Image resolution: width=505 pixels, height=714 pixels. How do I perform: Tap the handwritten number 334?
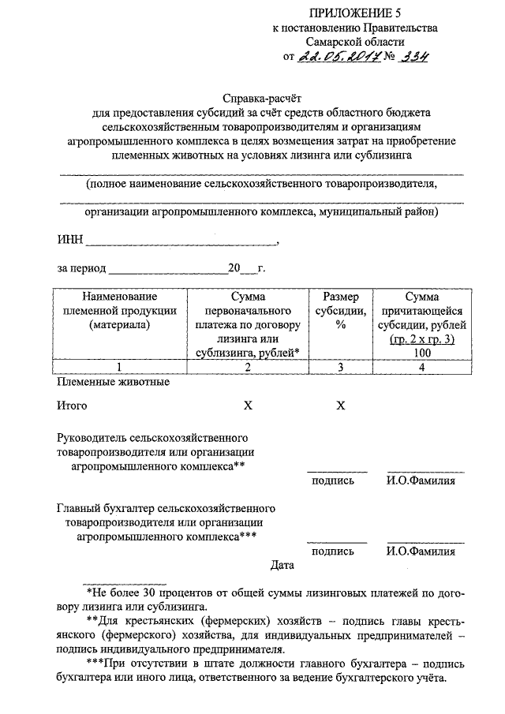tap(412, 57)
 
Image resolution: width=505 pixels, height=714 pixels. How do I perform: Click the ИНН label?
tap(69, 240)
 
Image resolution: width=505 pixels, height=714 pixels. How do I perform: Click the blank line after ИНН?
tap(181, 241)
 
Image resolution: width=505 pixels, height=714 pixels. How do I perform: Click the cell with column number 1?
tap(118, 366)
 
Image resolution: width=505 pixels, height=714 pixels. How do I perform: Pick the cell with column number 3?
tap(341, 366)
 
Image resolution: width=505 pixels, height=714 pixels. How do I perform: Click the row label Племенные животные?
tap(113, 382)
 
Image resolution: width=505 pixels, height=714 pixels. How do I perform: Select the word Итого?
tap(72, 406)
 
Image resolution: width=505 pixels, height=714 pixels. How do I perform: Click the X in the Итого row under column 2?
tap(247, 406)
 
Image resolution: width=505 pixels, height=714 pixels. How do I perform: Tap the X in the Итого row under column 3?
tap(341, 406)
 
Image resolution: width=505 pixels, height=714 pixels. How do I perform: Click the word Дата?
tap(282, 565)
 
